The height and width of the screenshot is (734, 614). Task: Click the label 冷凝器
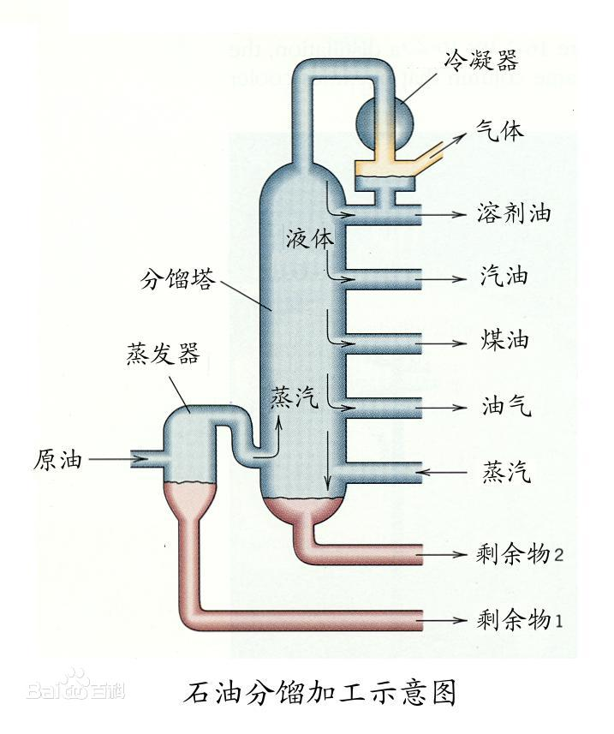coord(482,59)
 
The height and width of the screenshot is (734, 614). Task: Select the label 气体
coord(500,132)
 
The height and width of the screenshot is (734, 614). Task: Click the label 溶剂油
coord(513,213)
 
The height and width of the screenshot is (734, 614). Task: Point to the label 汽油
coord(502,277)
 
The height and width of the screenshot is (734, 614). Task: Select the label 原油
coord(57,460)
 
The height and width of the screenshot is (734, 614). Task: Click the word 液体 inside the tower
coord(309,237)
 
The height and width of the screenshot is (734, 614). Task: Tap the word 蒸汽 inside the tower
coord(294,397)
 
